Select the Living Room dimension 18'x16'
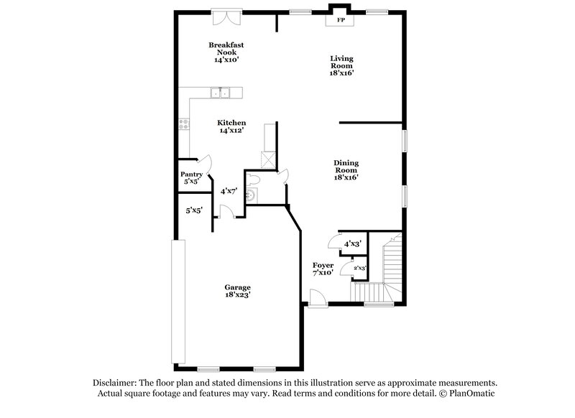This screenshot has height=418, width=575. coord(342,73)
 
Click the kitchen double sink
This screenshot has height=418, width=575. coord(220,92)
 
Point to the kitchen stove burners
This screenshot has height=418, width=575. coord(184,124)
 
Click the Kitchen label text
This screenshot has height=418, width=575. coord(233,123)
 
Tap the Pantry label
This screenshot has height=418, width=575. coord(191,175)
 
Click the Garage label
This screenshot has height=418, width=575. coord(237,287)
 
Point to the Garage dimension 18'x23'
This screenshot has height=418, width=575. coord(237,295)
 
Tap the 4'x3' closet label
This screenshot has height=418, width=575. coord(352,243)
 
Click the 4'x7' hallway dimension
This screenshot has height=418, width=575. coord(229,191)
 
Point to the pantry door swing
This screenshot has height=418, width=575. coord(204,164)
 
